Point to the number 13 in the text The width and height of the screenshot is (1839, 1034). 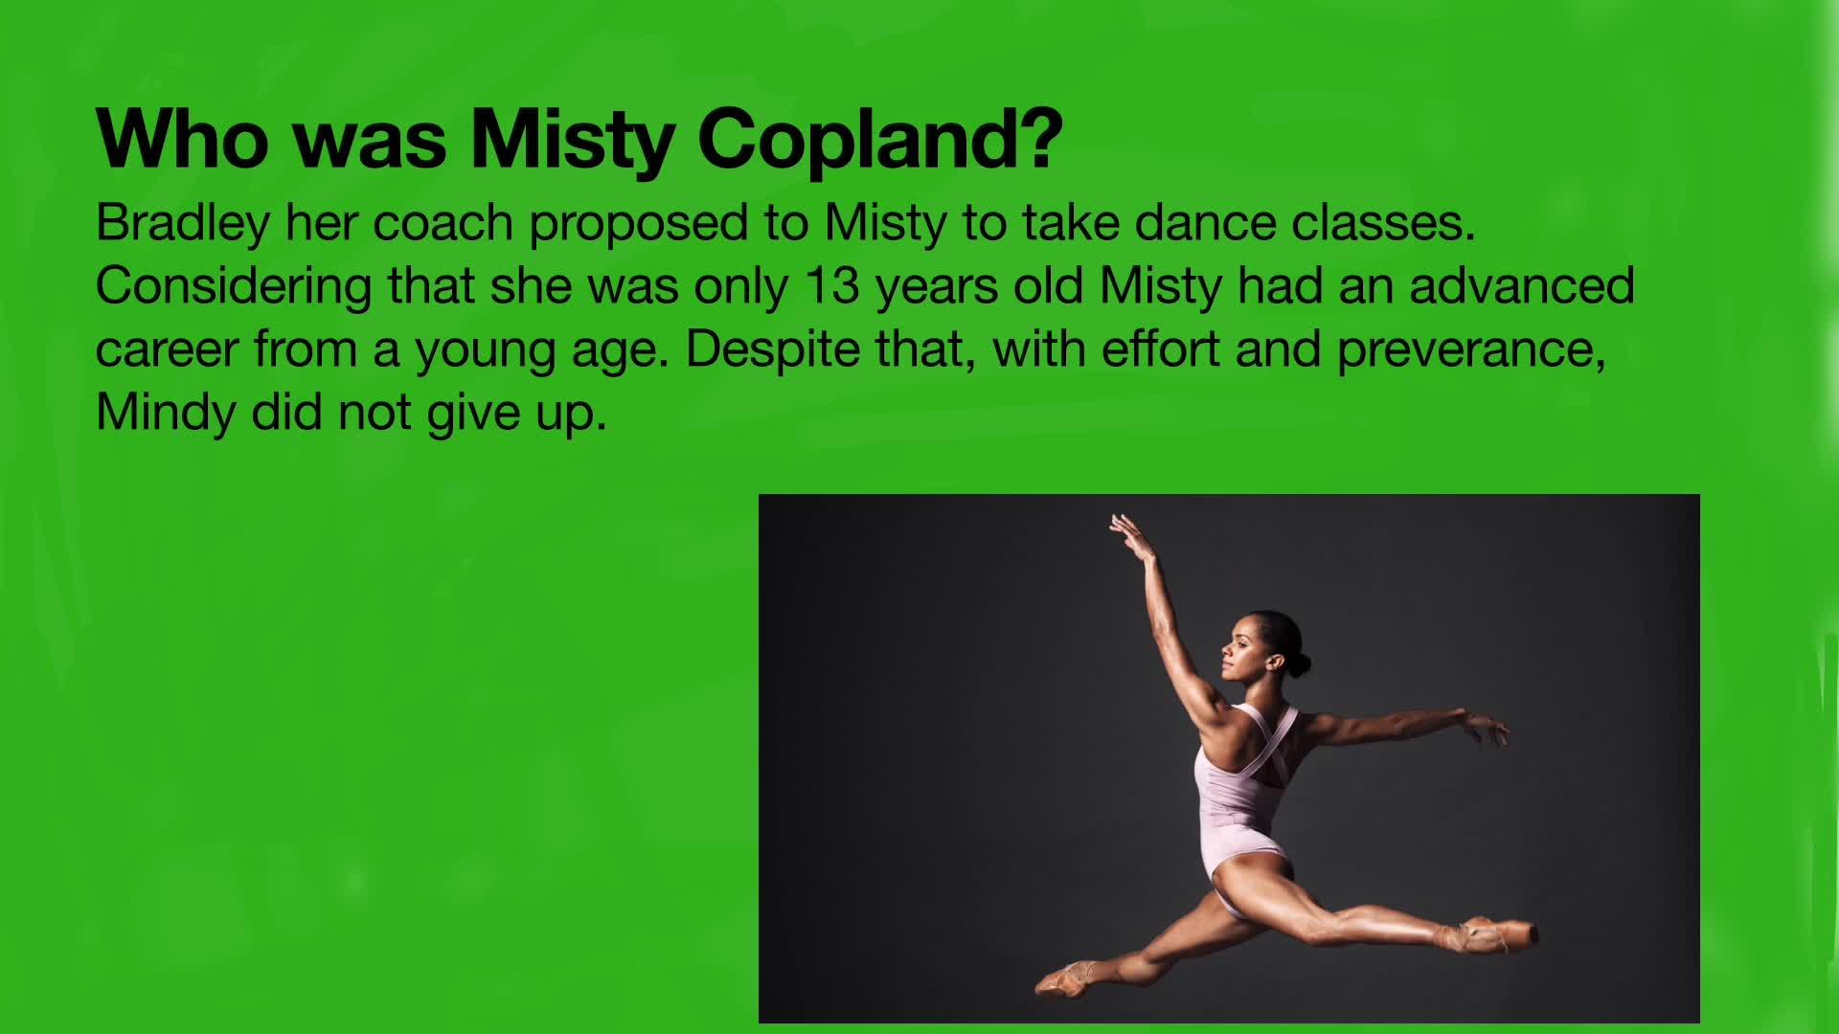point(832,285)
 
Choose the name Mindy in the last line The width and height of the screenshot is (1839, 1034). point(166,414)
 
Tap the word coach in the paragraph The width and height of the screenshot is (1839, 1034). point(443,223)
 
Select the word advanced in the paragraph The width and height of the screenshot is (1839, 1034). point(1522,285)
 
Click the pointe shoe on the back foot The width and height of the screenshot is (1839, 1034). point(1066,978)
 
